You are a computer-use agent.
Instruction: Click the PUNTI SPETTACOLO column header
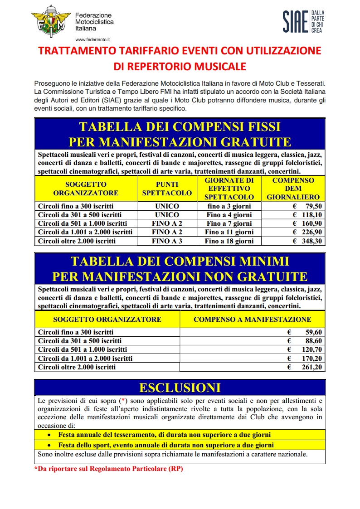point(167,189)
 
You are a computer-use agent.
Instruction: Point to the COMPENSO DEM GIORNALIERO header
point(293,189)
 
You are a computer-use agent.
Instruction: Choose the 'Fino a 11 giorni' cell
point(229,232)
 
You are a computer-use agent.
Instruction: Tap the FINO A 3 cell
point(167,241)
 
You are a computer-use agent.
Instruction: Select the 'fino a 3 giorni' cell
point(229,206)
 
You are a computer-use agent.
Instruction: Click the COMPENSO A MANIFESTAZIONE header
point(252,319)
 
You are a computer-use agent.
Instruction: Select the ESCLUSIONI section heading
point(180,388)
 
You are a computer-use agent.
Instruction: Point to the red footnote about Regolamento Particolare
point(108,470)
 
